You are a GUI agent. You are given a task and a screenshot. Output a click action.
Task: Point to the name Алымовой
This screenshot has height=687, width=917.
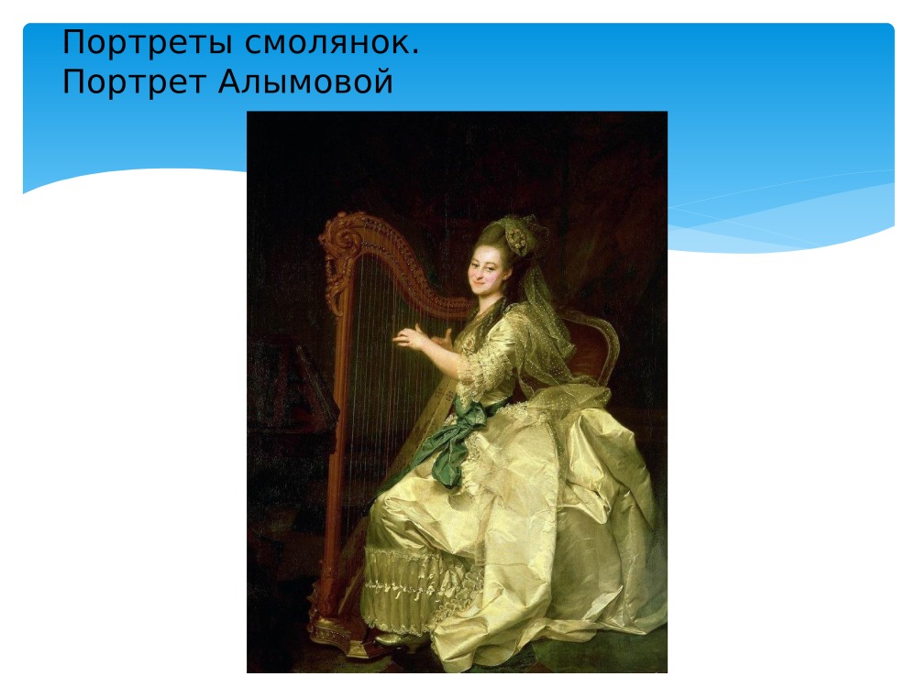coord(306,82)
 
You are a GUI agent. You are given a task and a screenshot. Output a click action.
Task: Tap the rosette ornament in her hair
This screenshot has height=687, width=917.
coord(520,240)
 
